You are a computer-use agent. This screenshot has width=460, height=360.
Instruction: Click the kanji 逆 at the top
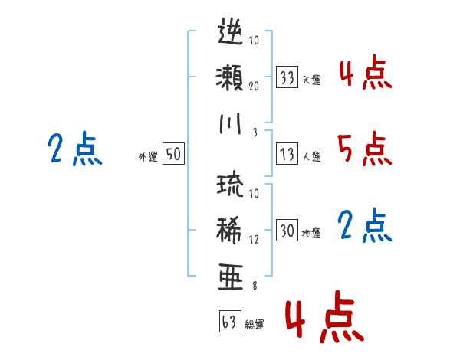point(231,31)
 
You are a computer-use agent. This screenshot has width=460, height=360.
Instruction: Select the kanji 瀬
point(230,77)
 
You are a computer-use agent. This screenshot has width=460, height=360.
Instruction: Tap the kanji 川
point(231,123)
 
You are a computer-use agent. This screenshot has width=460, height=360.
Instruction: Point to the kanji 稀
point(230,230)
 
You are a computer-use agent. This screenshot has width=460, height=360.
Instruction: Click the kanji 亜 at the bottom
point(231,277)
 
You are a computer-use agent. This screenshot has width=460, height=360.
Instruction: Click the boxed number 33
point(287,77)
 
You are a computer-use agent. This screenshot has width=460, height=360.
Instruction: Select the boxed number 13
point(287,154)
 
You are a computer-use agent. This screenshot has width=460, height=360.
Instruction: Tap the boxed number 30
point(287,230)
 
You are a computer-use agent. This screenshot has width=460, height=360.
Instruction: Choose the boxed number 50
point(173,153)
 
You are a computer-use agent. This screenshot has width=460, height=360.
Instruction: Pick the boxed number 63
point(230,321)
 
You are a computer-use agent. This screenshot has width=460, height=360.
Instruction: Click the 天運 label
point(312,80)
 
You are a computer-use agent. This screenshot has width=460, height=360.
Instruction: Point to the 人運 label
point(312,156)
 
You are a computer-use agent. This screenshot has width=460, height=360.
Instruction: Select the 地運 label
point(311,234)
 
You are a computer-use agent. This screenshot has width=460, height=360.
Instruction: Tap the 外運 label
point(148,156)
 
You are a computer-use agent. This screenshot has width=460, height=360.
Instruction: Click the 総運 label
point(255,325)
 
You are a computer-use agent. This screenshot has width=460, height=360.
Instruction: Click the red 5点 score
point(365,149)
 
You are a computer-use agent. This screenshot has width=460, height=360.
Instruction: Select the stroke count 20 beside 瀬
point(254,86)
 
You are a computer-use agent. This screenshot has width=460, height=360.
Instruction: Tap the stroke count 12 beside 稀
point(254,239)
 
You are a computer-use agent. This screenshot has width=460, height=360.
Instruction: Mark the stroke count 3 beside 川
point(255,133)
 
